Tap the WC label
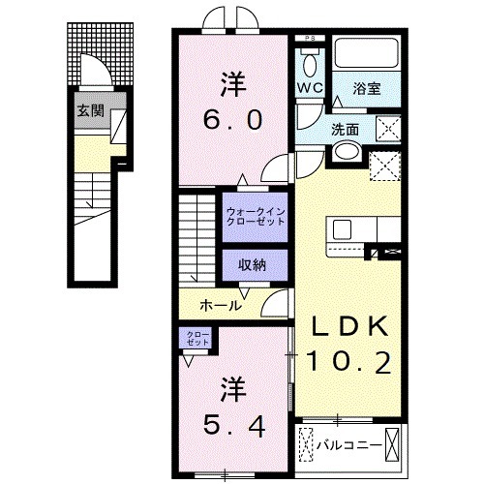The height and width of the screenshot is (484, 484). pos(309,86)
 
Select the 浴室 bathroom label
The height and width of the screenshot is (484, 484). pos(368,87)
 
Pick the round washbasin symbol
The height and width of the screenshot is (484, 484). pos(344,153)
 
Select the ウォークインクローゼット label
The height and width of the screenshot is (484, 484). pos(255,216)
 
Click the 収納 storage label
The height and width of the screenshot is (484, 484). pos(254,264)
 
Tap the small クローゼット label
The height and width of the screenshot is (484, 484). pos(197,339)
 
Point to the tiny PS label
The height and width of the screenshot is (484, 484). pos(310,38)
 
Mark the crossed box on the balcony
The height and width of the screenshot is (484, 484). pos(394,445)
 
